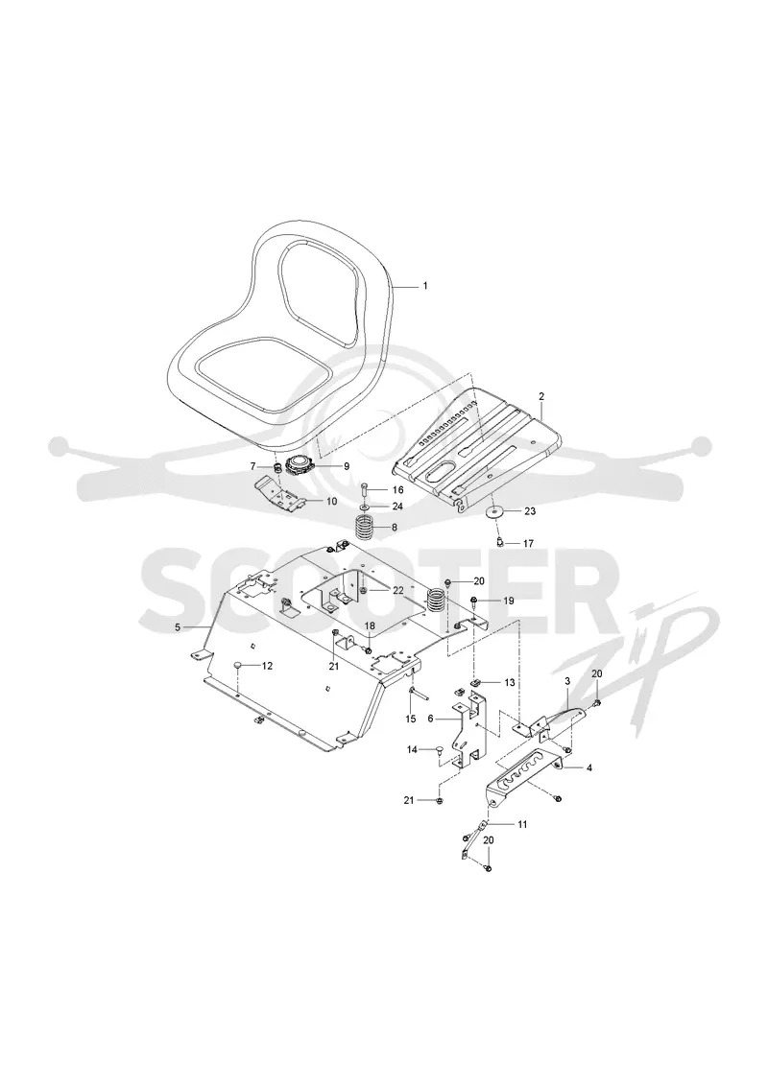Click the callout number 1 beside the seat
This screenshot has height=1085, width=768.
tap(425, 286)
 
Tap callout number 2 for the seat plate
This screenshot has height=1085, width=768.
tap(540, 396)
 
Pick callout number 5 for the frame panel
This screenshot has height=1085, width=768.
tap(178, 626)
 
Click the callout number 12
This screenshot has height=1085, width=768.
tap(267, 666)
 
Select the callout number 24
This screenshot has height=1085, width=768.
tap(397, 507)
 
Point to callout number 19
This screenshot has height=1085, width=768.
tap(508, 601)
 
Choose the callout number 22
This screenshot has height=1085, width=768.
tap(397, 590)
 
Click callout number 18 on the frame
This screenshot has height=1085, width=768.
tap(369, 625)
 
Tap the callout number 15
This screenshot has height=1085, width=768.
tap(411, 719)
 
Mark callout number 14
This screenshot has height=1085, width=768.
tap(411, 749)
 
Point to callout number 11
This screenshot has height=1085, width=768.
tap(522, 824)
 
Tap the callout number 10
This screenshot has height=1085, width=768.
tap(332, 501)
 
